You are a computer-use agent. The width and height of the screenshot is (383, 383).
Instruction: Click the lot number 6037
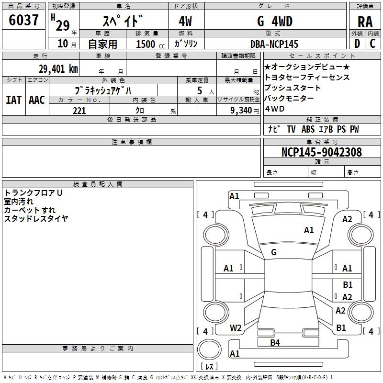pos(24,20)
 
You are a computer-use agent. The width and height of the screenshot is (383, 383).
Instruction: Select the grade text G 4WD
pos(275,22)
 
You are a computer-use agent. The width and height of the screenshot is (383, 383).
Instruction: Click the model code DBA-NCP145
pos(274,44)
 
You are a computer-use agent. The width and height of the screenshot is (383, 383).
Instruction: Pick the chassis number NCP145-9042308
pos(322,152)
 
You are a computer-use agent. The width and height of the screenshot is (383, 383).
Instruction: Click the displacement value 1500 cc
pos(146,44)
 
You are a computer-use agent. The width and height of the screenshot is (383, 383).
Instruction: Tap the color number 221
pos(79,111)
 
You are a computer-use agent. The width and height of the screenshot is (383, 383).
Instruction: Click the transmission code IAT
pos(13,100)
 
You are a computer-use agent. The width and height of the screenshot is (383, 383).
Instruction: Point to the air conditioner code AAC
pos(36,100)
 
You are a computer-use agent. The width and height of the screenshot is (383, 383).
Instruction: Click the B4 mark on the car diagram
pos(275,342)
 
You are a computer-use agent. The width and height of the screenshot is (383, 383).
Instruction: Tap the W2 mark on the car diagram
pos(236,328)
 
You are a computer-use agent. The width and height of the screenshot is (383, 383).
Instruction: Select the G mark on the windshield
pos(274,252)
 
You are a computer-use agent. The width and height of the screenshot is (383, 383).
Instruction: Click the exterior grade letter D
pos(357,44)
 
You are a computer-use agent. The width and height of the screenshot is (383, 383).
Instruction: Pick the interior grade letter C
pos(372,44)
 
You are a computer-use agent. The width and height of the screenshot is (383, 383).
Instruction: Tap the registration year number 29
pos(63,23)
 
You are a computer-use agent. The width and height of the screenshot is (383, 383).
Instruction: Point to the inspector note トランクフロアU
pos(34,193)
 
